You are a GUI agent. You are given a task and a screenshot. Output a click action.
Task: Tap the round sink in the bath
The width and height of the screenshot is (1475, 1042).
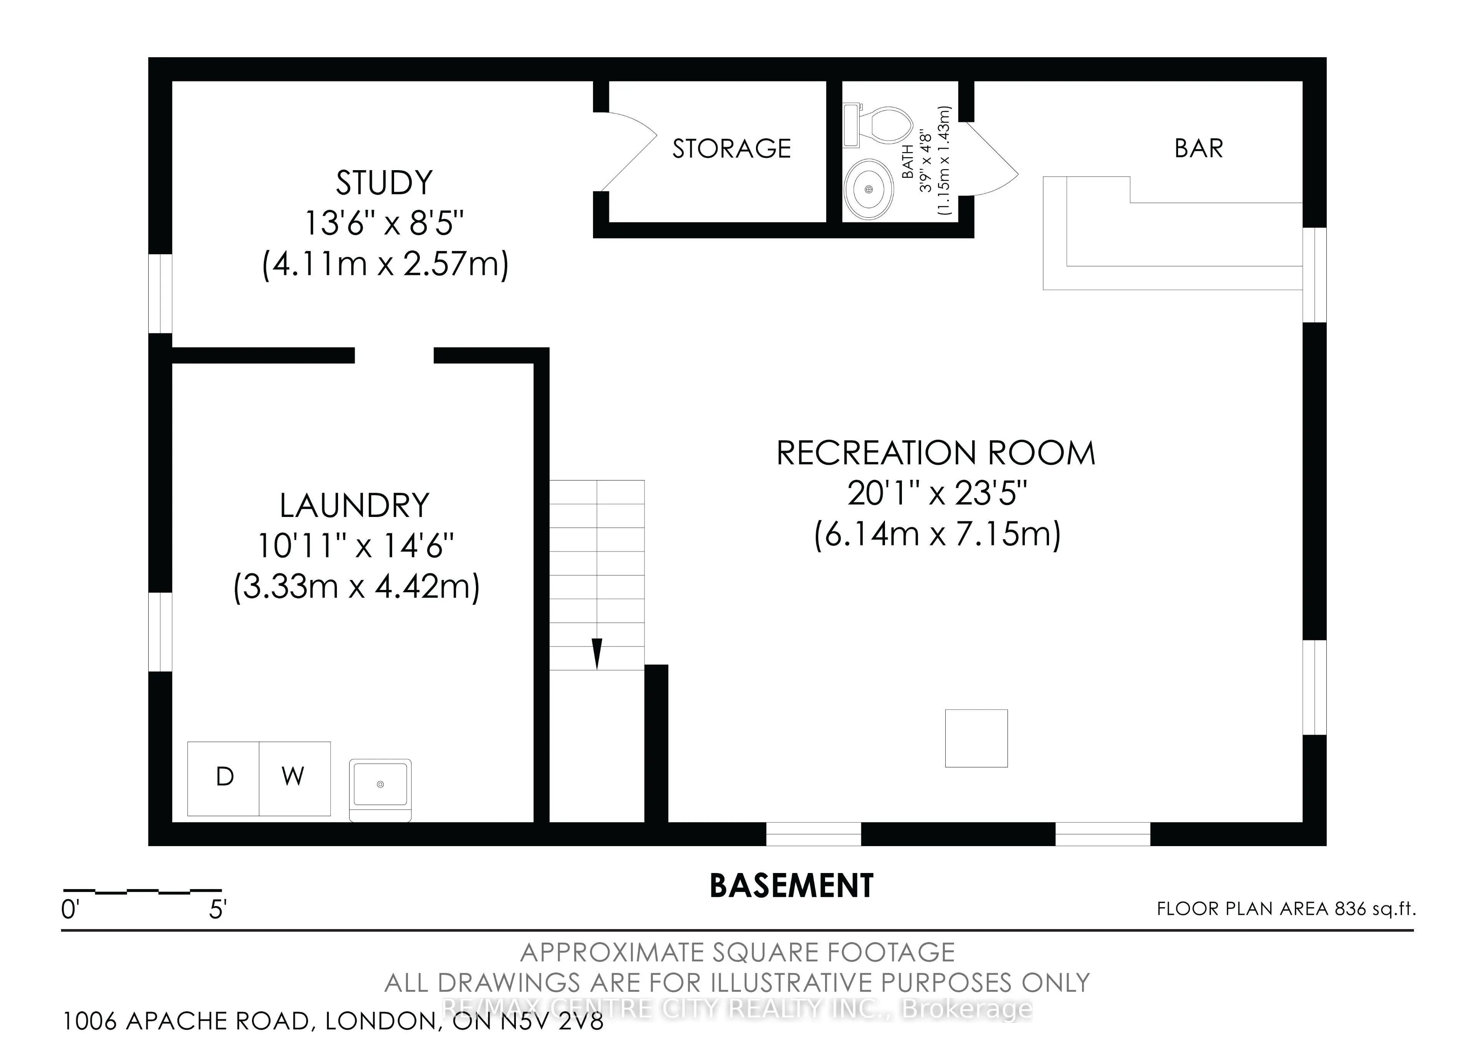868,189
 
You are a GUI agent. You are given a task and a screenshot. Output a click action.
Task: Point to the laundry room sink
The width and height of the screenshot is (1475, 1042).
380,790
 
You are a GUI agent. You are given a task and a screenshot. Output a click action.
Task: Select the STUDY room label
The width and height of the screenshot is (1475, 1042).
384,183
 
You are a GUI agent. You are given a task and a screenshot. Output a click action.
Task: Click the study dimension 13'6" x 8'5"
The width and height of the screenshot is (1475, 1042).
384,224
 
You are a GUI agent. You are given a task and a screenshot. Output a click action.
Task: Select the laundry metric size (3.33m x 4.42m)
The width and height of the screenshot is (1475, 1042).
356,586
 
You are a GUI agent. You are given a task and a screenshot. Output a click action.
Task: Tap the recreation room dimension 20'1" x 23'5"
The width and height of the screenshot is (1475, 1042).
937,494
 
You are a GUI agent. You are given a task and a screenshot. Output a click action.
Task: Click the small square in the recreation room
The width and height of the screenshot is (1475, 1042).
976,738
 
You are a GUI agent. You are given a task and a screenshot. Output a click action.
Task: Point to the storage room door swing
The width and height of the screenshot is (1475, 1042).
629,152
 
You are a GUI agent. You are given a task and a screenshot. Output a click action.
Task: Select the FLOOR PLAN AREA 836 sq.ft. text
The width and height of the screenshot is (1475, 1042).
1286,909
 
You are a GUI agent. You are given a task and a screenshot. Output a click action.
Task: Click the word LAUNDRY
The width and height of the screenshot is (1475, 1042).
355,505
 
